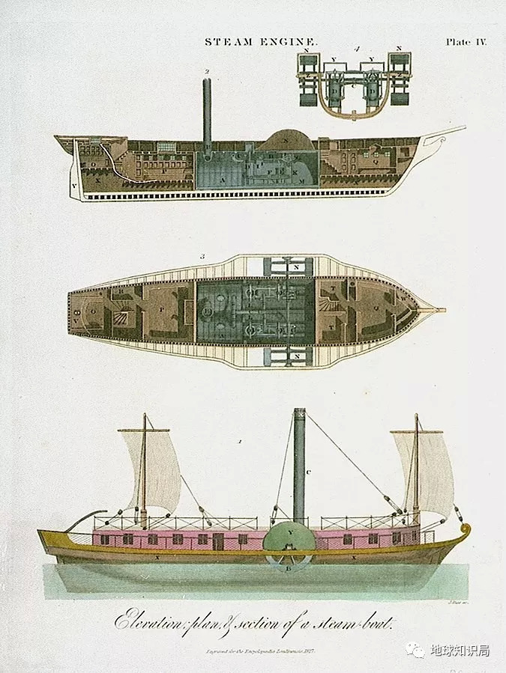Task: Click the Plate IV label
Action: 466,43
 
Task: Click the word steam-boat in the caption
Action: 353,621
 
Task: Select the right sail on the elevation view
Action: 428,470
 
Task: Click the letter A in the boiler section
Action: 223,180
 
